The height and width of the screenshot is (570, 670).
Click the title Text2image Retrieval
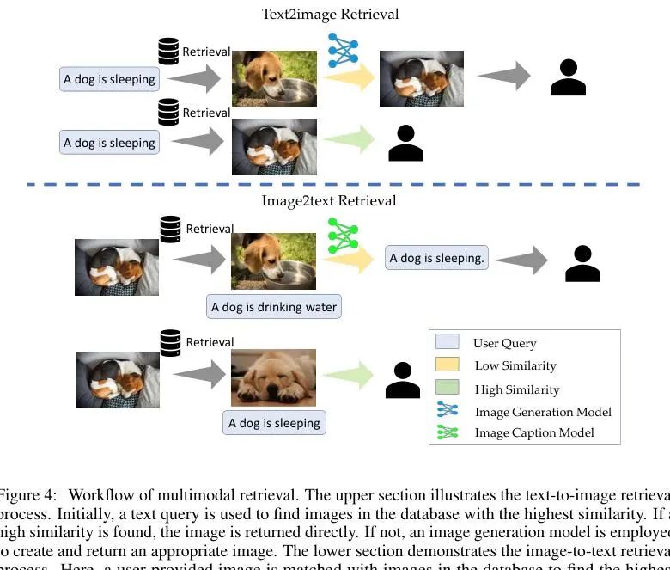(330, 14)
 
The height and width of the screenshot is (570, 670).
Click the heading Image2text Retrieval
(329, 200)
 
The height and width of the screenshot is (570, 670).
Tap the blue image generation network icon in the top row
(343, 51)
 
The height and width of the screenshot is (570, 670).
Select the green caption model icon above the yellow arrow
(343, 234)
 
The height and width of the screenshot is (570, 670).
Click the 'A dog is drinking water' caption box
(274, 307)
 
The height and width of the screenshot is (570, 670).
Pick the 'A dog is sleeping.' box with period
(436, 257)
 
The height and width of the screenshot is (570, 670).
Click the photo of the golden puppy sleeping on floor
(274, 377)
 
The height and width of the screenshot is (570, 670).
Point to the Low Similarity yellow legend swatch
(448, 365)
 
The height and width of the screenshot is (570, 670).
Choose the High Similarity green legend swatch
(448, 388)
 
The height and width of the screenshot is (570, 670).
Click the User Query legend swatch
(448, 342)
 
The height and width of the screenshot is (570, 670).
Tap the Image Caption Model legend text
(534, 433)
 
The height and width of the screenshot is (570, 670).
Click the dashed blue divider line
(334, 184)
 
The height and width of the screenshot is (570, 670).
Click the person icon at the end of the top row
(568, 77)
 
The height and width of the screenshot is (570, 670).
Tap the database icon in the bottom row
(171, 342)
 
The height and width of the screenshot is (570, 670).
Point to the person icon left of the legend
(402, 380)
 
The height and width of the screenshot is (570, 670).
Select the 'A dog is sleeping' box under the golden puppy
(274, 423)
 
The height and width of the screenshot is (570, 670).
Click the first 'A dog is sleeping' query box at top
(109, 79)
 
